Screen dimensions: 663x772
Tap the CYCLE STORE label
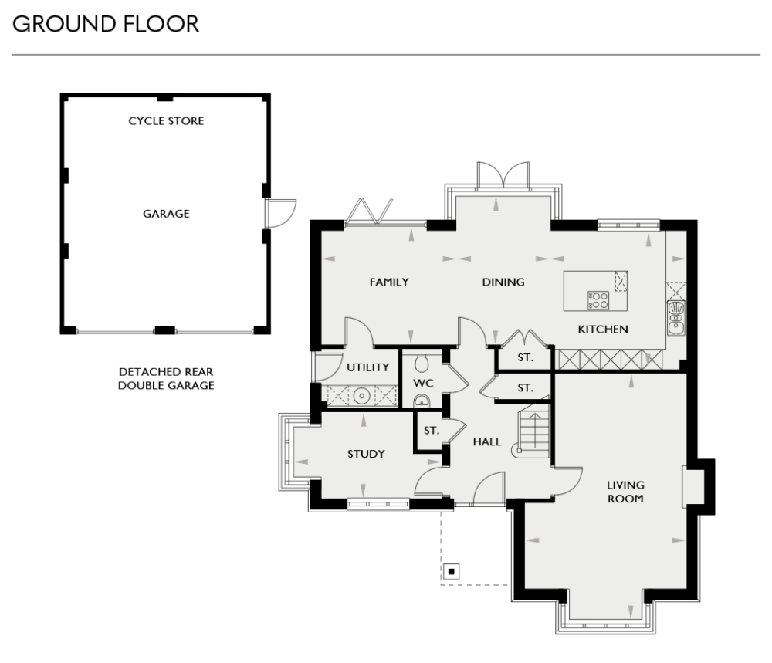[x=166, y=121]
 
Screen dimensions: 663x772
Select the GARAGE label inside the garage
[x=166, y=214]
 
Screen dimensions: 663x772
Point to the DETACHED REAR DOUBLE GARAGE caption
[x=166, y=378]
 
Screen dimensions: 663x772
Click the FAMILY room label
[x=388, y=282]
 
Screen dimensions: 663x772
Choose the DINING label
[x=503, y=282]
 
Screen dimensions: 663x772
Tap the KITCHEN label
[x=603, y=330]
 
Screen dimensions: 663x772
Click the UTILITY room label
[x=367, y=367]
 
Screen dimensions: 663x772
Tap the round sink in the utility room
[x=361, y=396]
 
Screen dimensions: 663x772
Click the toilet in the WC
[x=422, y=364]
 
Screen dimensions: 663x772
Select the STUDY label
[x=365, y=454]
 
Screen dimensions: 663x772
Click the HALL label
[x=487, y=442]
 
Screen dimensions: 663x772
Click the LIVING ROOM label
[x=625, y=492]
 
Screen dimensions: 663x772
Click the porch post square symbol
[x=451, y=572]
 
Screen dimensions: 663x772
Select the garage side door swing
[x=280, y=211]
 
